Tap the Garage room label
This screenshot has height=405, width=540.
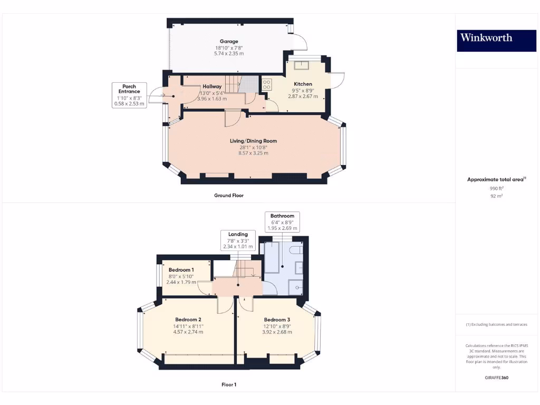click(229, 41)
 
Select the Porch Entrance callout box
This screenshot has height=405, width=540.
click(129, 95)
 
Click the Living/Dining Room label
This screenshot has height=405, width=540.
click(253, 141)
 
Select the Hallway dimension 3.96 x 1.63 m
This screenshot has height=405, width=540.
click(211, 99)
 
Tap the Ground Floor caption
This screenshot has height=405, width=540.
click(228, 196)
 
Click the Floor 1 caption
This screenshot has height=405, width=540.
click(228, 385)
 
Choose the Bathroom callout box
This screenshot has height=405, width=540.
click(282, 222)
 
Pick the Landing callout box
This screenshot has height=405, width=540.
click(238, 240)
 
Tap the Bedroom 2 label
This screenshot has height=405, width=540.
click(188, 320)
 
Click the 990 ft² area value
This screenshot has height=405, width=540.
click(496, 188)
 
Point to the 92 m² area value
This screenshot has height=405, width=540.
click(496, 196)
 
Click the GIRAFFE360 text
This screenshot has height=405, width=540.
click(496, 378)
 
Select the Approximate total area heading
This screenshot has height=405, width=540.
click(496, 180)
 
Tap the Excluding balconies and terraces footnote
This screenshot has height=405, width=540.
click(496, 324)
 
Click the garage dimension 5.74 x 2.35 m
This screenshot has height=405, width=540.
click(229, 54)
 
